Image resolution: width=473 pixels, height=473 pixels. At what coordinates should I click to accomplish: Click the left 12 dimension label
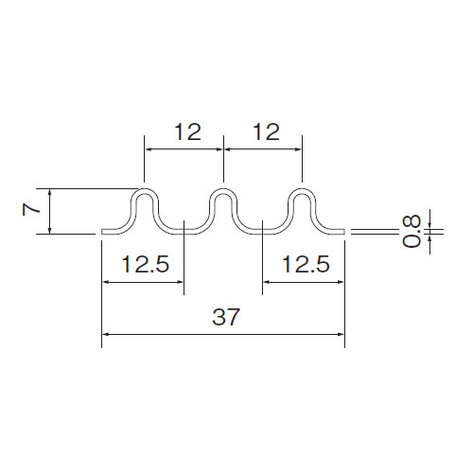tap(188, 131)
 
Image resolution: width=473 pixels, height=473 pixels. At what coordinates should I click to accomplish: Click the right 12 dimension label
tap(267, 131)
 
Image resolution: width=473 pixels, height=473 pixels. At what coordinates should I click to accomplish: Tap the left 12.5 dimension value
tap(146, 264)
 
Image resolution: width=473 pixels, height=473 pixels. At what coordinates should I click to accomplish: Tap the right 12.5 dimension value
tap(306, 264)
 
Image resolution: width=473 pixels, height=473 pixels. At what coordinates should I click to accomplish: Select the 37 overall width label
tap(226, 317)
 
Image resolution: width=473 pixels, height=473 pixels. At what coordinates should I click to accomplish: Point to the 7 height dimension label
tap(31, 209)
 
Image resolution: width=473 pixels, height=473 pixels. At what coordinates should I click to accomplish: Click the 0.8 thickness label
tap(412, 231)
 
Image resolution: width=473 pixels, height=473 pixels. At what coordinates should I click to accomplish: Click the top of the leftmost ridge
tap(145, 190)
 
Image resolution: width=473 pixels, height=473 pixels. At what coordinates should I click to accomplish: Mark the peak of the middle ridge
tap(223, 190)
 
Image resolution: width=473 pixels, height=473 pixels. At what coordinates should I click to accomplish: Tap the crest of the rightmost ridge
tap(302, 190)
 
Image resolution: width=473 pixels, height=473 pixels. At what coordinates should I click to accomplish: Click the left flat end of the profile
tap(107, 232)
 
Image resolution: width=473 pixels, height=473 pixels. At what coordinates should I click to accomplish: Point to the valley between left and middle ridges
tap(184, 232)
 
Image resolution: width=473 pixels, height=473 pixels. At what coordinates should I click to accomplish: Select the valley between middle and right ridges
tap(263, 232)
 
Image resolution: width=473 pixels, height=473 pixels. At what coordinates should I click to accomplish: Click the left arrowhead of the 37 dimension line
tap(105, 334)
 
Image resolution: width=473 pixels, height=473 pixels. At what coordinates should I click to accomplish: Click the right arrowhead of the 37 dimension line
tap(342, 334)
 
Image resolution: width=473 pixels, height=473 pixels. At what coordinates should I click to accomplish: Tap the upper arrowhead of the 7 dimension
tap(49, 192)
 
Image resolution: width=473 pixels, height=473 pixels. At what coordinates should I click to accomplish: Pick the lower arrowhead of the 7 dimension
tap(49, 231)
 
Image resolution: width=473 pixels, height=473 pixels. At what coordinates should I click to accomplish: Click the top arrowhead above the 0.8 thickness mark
tap(429, 224)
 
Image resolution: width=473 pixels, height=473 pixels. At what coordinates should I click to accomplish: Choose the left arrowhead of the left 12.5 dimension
tap(105, 282)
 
